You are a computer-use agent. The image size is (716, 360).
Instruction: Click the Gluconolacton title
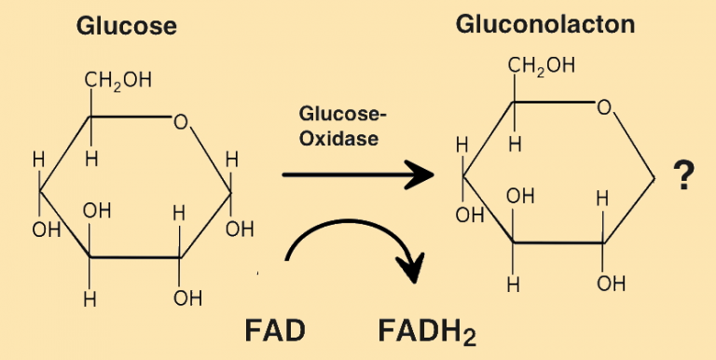(545, 24)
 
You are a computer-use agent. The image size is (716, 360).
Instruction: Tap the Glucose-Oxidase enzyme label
(342, 126)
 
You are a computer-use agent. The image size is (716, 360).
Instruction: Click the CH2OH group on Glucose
(117, 80)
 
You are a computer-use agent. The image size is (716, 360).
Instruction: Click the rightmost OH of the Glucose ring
(240, 227)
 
